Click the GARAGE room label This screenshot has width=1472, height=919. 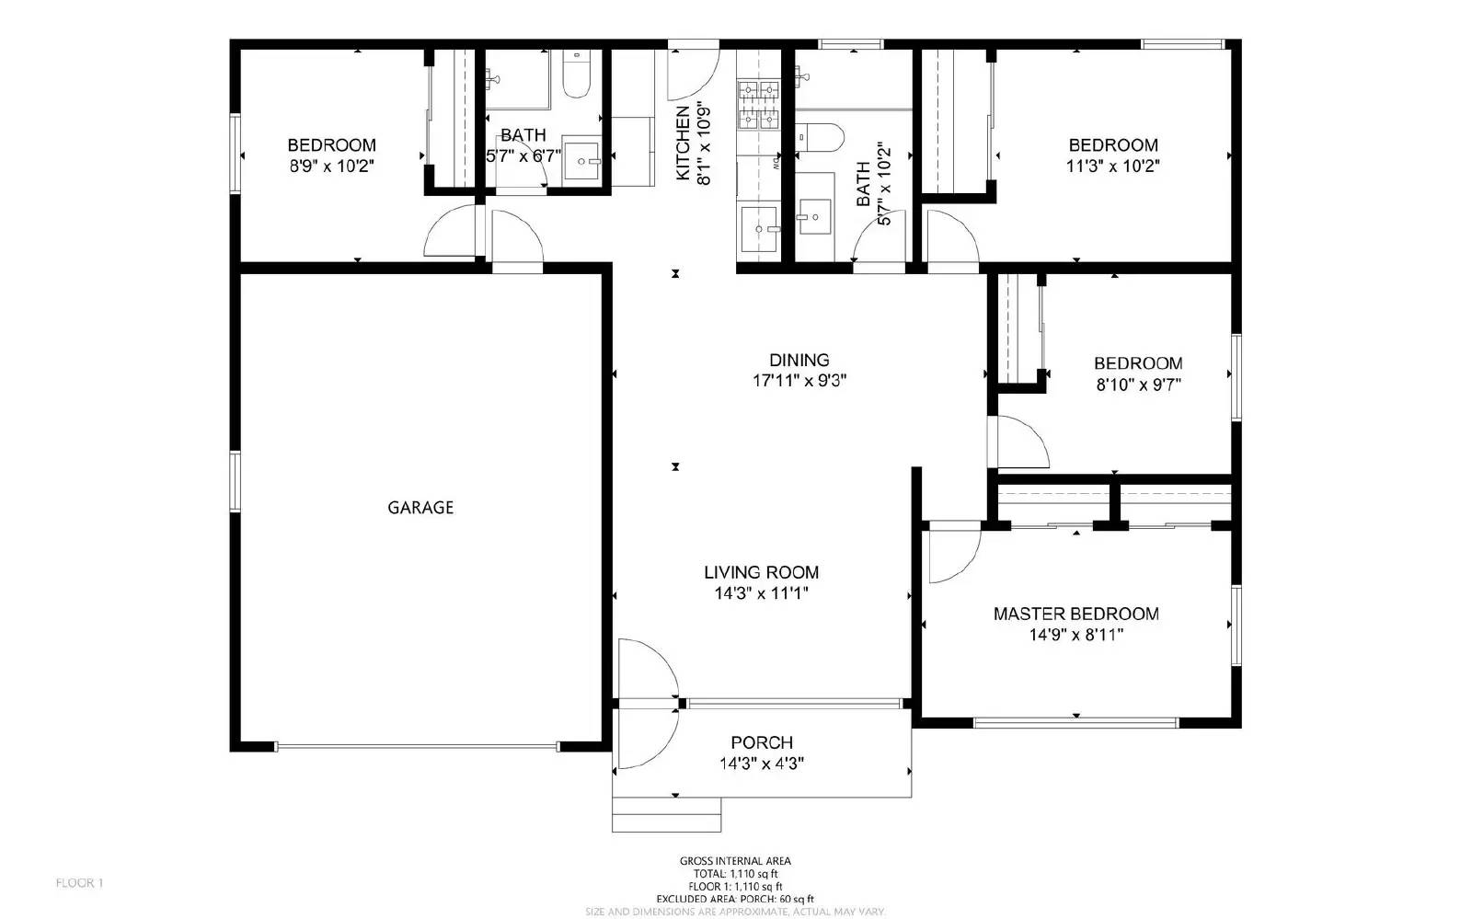click(420, 507)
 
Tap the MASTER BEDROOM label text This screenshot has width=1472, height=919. click(1075, 614)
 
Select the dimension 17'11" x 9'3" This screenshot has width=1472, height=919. click(799, 381)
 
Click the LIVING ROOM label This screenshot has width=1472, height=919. click(761, 572)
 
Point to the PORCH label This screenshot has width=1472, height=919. click(762, 742)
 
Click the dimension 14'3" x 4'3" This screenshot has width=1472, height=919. click(762, 764)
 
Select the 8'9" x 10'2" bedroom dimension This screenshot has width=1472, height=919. click(331, 167)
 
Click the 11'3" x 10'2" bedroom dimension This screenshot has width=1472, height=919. click(1112, 167)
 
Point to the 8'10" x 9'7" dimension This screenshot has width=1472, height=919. click(1138, 385)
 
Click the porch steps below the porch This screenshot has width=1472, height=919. click(667, 814)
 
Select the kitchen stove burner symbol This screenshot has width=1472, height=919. click(757, 104)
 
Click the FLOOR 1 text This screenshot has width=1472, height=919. click(80, 883)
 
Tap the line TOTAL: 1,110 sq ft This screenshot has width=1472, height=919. click(735, 874)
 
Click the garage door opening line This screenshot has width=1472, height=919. click(416, 746)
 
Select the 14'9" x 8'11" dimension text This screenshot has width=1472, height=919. click(1075, 635)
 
